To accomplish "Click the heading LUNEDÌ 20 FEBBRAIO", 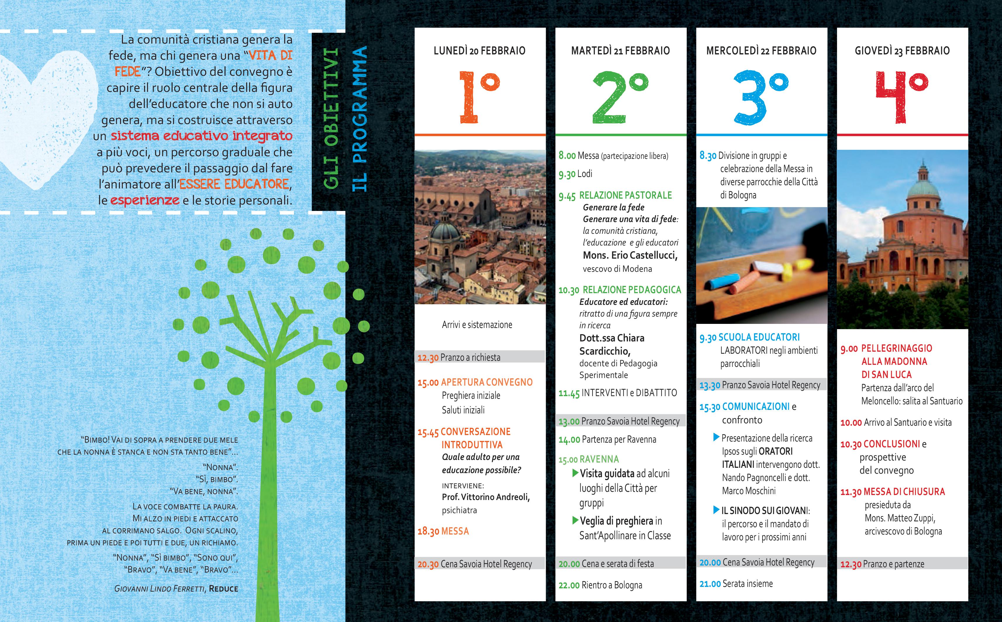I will pos(479,51).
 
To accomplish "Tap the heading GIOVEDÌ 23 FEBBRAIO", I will pos(902,51).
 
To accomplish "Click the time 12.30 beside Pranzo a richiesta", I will pos(428,358).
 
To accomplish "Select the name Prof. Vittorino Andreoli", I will pos(485,497).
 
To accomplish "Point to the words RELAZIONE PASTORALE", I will pos(625,195).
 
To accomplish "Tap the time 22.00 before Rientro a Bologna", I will pos(569,585).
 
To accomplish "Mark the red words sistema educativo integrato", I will pos(202,136).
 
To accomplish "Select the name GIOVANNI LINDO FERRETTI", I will pos(159,589).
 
